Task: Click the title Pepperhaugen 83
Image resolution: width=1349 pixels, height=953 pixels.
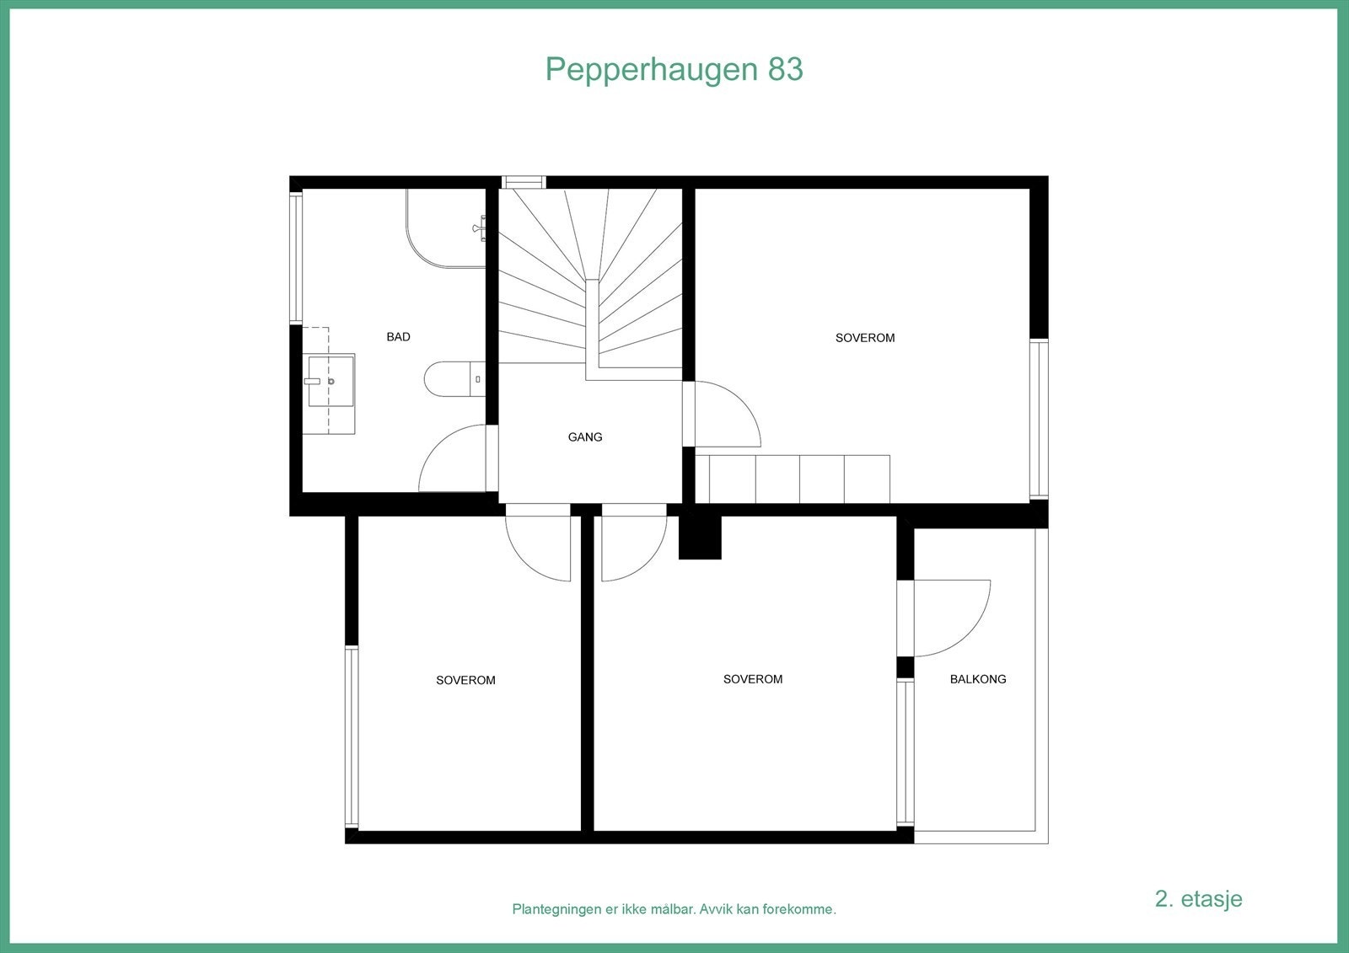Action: (x=674, y=69)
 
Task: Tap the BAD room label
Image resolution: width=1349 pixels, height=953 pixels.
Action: (x=398, y=337)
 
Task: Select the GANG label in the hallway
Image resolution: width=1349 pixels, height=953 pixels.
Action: (x=585, y=437)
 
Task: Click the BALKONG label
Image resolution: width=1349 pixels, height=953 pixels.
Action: (x=978, y=679)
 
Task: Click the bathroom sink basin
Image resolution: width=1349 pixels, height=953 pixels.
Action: (x=331, y=381)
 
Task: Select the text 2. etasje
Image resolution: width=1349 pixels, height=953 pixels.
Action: (x=1198, y=898)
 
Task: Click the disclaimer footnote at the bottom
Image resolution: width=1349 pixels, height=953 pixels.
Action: (x=674, y=910)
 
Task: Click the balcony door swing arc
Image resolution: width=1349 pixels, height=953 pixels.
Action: (x=957, y=619)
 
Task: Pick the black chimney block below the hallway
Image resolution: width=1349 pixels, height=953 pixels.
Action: (x=700, y=537)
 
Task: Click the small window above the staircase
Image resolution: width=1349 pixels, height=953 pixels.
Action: (x=524, y=182)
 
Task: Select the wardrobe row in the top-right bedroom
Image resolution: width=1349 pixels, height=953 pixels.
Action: (x=799, y=479)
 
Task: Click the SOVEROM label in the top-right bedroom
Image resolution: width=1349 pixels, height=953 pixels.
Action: (x=864, y=338)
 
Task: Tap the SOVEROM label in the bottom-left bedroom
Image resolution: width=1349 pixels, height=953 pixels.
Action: (x=465, y=680)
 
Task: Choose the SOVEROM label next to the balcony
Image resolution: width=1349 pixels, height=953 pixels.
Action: (x=752, y=679)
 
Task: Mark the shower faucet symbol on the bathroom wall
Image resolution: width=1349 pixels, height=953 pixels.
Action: (x=480, y=228)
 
